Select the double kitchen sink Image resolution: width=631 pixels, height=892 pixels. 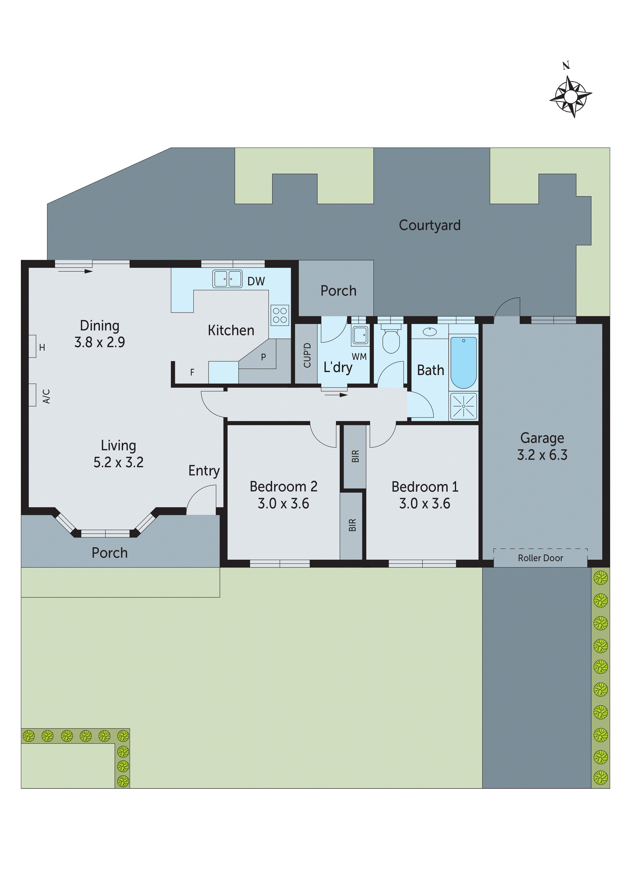(x=227, y=279)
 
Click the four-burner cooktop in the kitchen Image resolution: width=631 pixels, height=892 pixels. (x=280, y=315)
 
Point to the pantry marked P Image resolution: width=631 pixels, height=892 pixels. (x=263, y=357)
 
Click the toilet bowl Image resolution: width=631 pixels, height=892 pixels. (x=391, y=341)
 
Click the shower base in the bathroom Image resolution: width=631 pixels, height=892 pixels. (x=463, y=406)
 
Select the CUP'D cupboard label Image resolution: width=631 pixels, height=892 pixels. (x=307, y=355)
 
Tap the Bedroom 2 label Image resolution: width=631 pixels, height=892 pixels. (x=283, y=486)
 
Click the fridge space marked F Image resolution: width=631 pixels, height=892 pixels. (x=192, y=373)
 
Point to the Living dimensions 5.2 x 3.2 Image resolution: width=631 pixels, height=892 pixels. (x=118, y=462)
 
